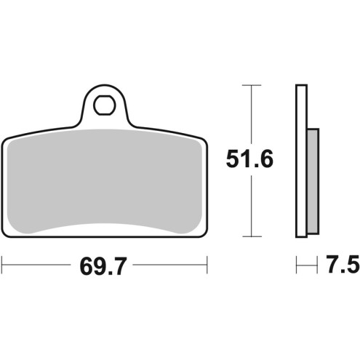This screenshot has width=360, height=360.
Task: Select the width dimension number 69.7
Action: point(104,266)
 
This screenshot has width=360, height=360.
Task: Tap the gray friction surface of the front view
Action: point(105,182)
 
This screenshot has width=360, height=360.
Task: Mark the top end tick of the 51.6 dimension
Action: point(251,85)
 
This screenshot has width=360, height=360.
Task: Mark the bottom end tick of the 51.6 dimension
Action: point(251,236)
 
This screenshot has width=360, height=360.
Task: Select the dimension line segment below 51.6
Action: point(251,207)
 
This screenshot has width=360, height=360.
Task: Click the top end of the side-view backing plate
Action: point(300,87)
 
